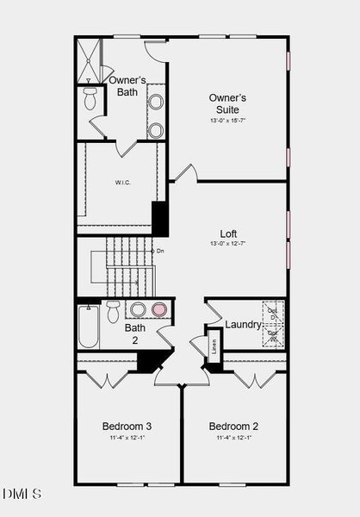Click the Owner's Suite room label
coord(227,103)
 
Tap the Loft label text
coord(228,234)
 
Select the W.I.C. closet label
coord(121,183)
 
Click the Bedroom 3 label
coord(127,426)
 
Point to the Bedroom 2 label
coord(233,426)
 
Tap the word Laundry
coord(242,325)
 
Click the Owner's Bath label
coord(127,85)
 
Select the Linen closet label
coord(214,346)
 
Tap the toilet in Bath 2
coord(114,311)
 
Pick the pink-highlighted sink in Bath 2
coord(158,310)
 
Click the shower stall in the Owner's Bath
coord(89,61)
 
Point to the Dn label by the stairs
coord(159,251)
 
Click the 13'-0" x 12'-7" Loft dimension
coord(228,245)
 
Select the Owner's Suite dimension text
coord(227,121)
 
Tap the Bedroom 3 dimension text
coord(127,439)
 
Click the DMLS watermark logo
coord(22,494)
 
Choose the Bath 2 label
coord(135,333)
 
